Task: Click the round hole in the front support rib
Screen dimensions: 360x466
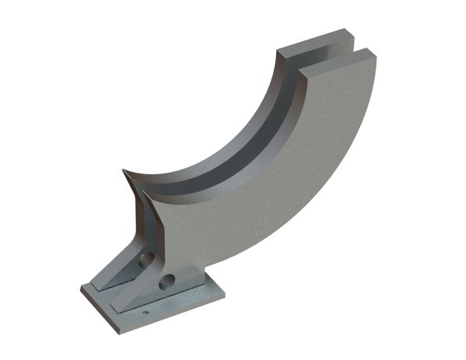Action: click(x=166, y=282)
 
